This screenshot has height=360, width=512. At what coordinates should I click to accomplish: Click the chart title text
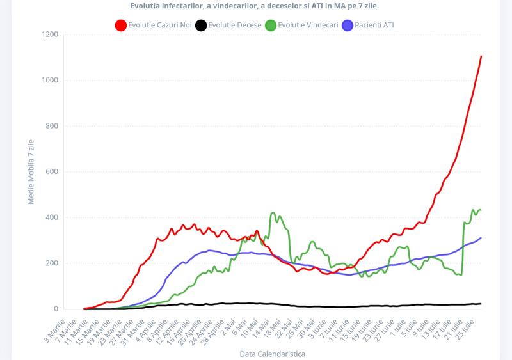point(259,6)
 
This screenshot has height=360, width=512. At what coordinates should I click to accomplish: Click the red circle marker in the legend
point(120,26)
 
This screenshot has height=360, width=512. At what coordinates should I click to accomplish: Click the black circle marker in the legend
point(201,26)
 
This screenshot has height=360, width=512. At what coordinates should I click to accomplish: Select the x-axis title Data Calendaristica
point(272,353)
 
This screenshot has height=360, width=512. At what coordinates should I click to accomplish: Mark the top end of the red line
point(481,56)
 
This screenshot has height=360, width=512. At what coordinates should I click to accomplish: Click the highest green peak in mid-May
point(273,213)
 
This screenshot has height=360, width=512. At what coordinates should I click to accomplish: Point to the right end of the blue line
point(481,238)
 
